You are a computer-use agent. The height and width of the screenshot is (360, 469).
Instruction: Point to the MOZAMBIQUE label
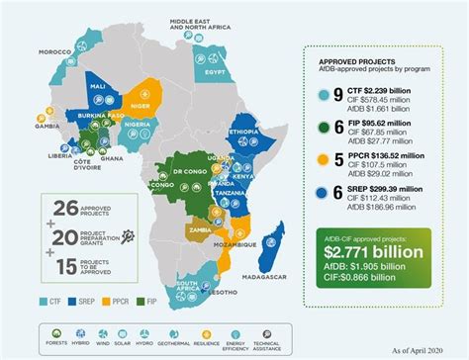pyautogui.click(x=235, y=244)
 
